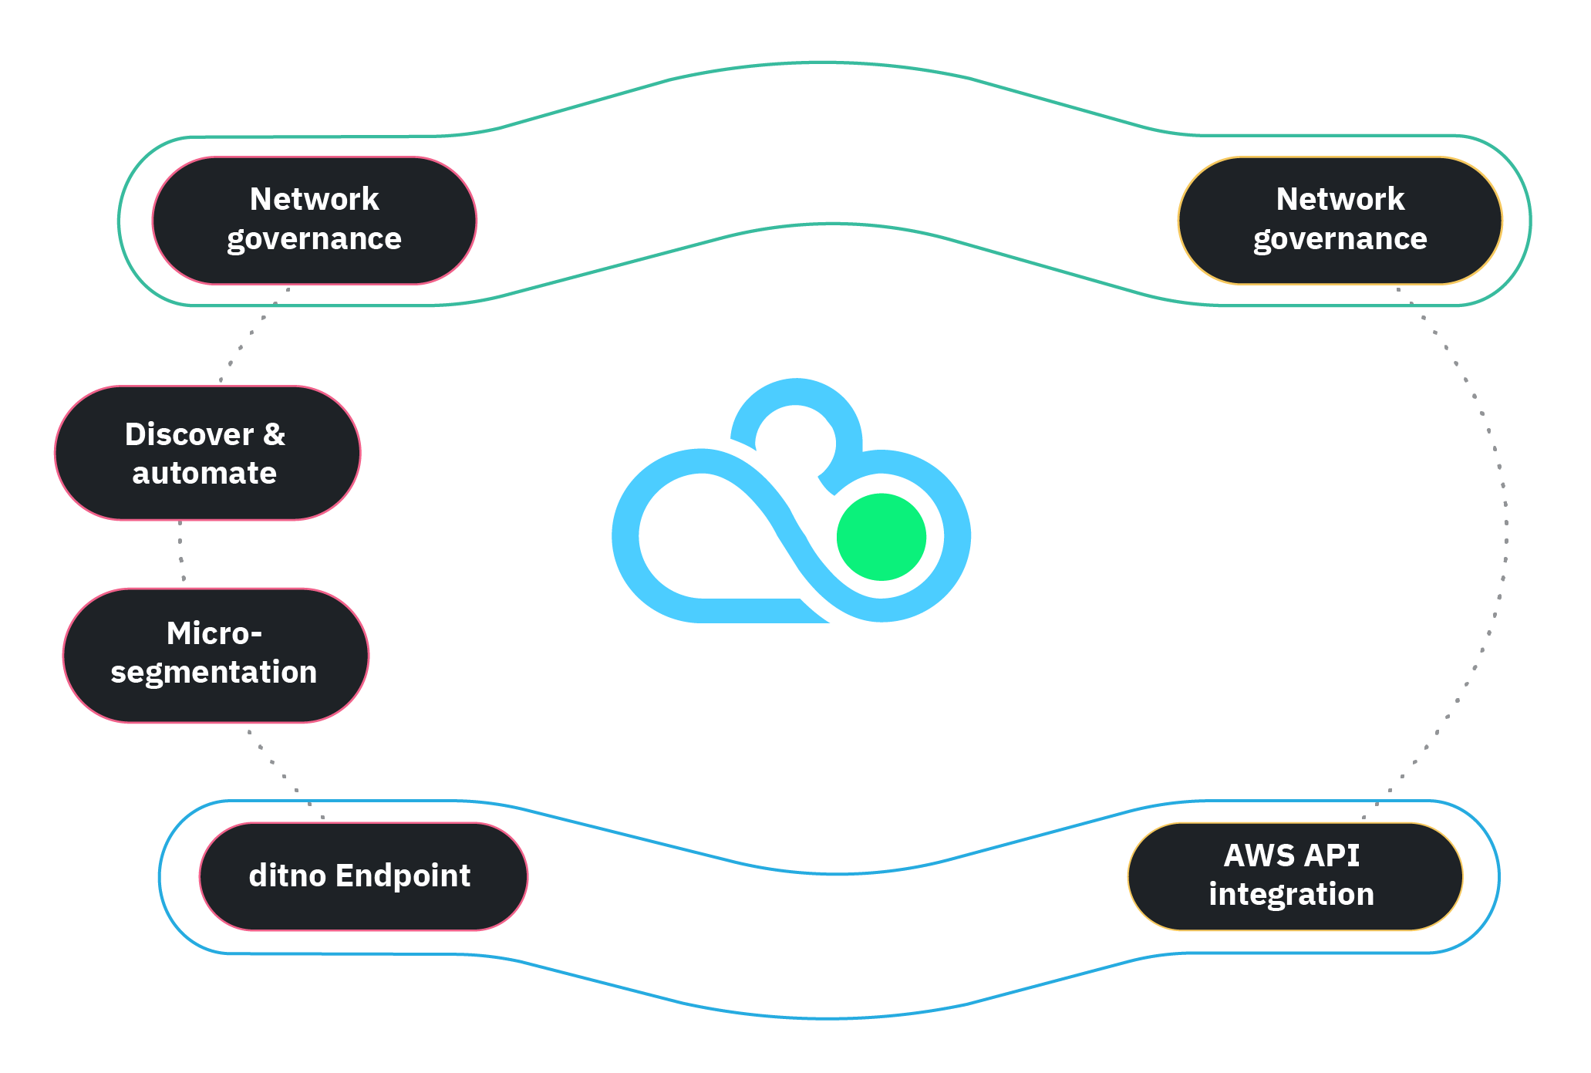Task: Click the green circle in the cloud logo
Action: click(x=881, y=537)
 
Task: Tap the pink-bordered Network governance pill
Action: click(x=314, y=221)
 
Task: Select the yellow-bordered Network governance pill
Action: click(x=1340, y=221)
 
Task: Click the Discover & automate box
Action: click(x=207, y=454)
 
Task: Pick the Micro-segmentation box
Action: click(x=215, y=655)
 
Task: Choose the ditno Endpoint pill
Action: click(x=362, y=876)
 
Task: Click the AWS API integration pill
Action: click(x=1294, y=876)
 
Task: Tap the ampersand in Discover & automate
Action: click(x=274, y=434)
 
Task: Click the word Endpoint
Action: click(x=403, y=876)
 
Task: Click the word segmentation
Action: click(x=214, y=673)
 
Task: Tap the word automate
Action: click(x=204, y=473)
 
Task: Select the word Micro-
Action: click(x=214, y=634)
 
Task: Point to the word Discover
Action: click(x=189, y=434)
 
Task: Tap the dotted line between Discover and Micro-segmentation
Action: click(x=180, y=553)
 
